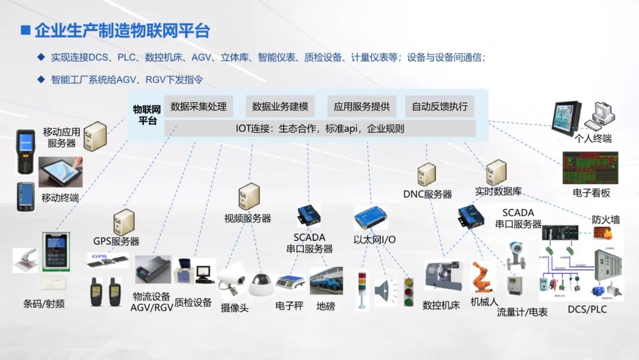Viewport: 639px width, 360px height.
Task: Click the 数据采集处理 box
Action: (198, 107)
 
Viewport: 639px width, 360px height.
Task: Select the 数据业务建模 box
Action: (280, 107)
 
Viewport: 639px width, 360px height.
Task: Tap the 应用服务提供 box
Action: (362, 107)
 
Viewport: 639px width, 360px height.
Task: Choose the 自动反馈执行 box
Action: (440, 107)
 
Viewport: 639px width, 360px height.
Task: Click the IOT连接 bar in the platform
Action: (319, 128)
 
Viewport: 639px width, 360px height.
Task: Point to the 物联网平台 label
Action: (146, 115)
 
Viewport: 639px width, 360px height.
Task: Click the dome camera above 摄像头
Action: (260, 284)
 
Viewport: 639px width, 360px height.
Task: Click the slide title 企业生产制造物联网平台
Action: (122, 31)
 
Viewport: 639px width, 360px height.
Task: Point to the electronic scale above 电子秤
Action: (289, 281)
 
